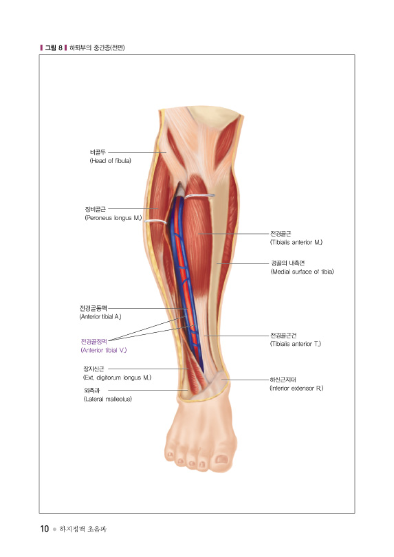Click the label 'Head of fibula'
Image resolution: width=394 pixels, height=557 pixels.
(x=111, y=161)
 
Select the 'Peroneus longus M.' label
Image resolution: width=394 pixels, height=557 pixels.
(x=113, y=218)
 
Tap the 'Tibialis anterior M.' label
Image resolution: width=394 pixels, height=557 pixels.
(x=296, y=242)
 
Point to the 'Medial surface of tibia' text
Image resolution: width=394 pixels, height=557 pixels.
(x=303, y=272)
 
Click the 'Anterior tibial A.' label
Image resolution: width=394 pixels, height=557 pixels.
(x=100, y=317)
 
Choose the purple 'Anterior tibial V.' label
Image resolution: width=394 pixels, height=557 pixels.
(x=104, y=350)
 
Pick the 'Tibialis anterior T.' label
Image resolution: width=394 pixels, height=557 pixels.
(x=296, y=344)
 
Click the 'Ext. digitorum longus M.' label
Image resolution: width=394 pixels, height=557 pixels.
(x=117, y=378)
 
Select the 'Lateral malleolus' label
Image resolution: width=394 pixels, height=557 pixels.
(x=108, y=400)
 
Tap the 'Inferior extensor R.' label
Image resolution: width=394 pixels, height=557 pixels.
(x=296, y=389)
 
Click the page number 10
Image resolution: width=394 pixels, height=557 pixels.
(x=45, y=529)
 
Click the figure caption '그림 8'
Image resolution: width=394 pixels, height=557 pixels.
(x=54, y=47)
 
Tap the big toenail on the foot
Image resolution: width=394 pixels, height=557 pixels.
(x=221, y=459)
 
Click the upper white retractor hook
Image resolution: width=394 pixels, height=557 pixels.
(x=199, y=195)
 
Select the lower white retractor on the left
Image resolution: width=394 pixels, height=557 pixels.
(x=155, y=221)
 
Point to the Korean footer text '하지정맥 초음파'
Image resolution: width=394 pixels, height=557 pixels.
(x=83, y=529)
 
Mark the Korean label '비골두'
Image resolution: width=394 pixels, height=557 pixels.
(x=98, y=153)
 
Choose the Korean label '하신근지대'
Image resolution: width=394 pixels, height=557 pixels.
(x=283, y=380)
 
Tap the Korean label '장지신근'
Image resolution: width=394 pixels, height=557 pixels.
(x=94, y=369)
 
